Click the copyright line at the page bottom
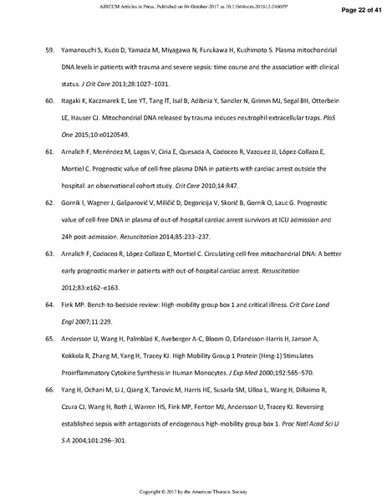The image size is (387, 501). click(x=193, y=490)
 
